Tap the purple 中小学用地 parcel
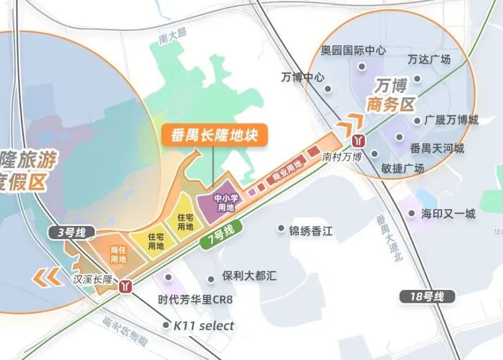pyautogui.click(x=225, y=203)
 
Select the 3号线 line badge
pyautogui.click(x=72, y=233)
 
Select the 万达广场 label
pyautogui.click(x=429, y=59)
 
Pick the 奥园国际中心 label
pyautogui.click(x=353, y=50)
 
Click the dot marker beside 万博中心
pyautogui.click(x=328, y=89)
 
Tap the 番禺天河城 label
pyautogui.click(x=437, y=148)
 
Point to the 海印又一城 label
pyautogui.click(x=448, y=213)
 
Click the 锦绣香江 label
pyautogui.click(x=311, y=231)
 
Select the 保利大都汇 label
pyautogui.click(x=249, y=276)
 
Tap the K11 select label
pyautogui.click(x=204, y=326)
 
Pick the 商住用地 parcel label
pyautogui.click(x=118, y=254)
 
